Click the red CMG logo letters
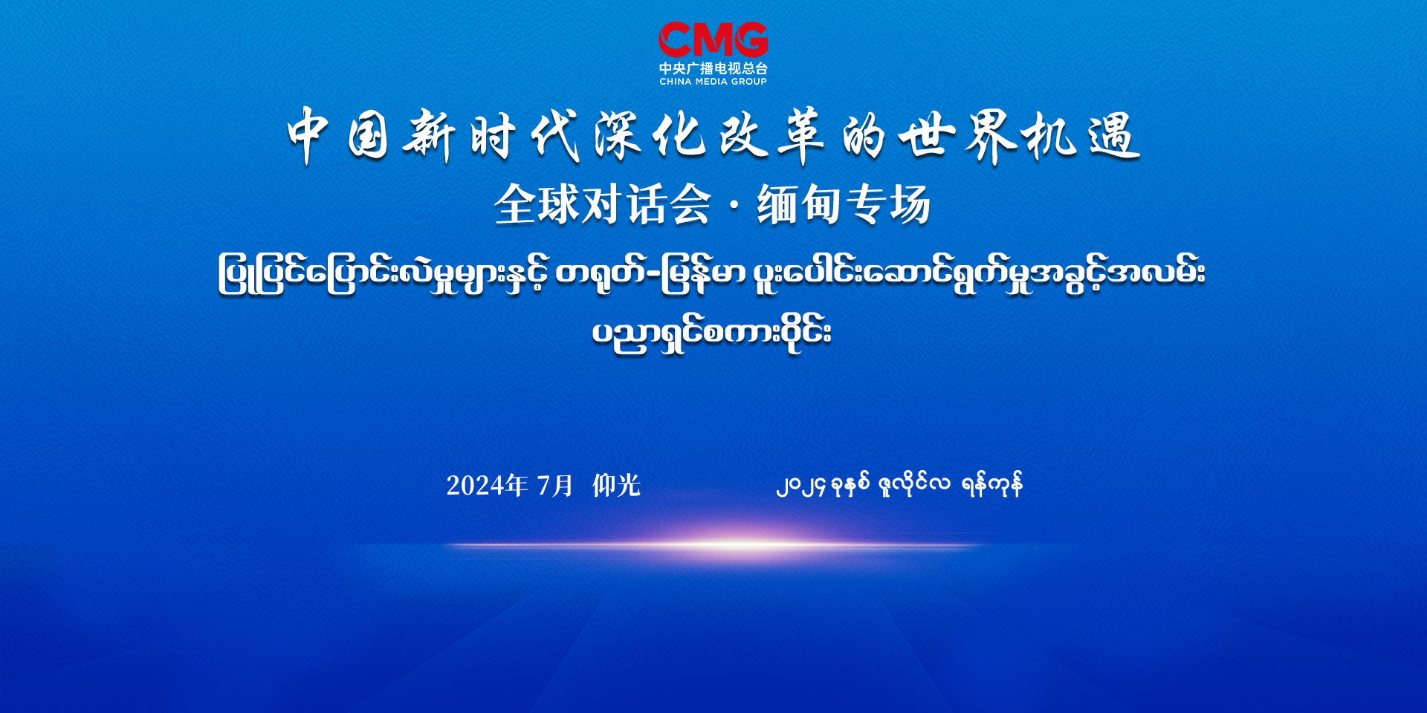pyautogui.click(x=713, y=40)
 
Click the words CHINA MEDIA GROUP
pyautogui.click(x=713, y=82)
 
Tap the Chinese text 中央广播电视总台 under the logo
pyautogui.click(x=713, y=68)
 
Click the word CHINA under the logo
pyautogui.click(x=676, y=82)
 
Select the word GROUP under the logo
pyautogui.click(x=749, y=82)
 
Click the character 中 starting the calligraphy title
pyautogui.click(x=308, y=136)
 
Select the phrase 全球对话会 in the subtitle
pyautogui.click(x=603, y=204)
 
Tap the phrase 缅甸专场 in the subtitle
pyautogui.click(x=844, y=204)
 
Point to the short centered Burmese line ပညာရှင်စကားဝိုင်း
pyautogui.click(x=712, y=333)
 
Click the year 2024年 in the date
pyautogui.click(x=487, y=486)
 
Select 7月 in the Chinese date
pyautogui.click(x=554, y=486)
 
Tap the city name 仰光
pyautogui.click(x=616, y=486)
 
